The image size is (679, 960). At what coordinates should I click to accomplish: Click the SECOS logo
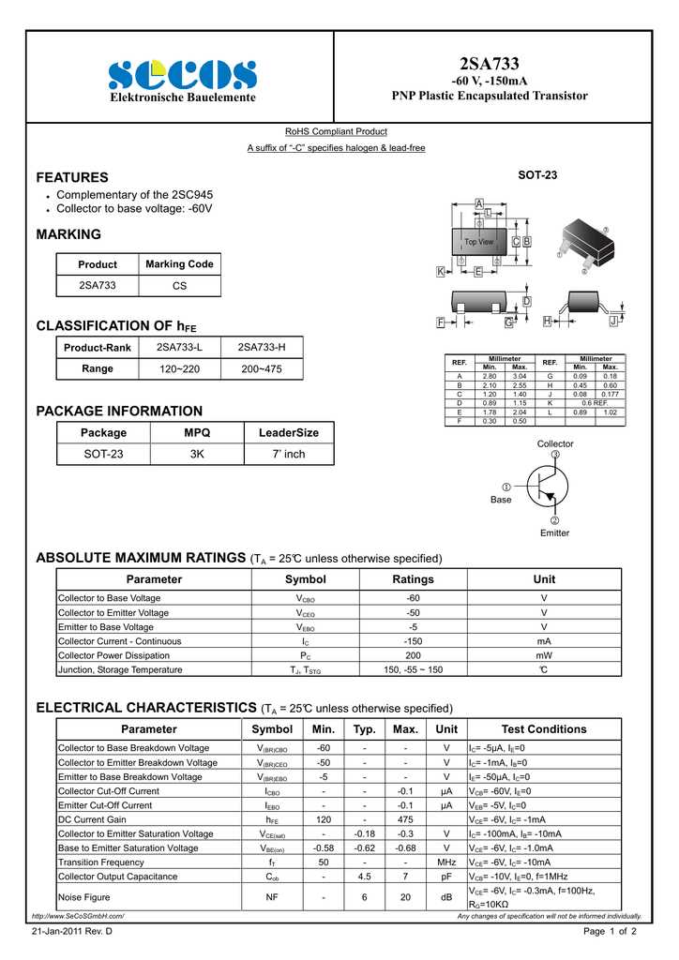pos(182,74)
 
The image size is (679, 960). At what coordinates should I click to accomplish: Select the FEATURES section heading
pos(72,177)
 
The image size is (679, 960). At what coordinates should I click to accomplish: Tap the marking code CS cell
pos(179,285)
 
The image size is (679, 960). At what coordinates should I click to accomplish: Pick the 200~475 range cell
pos(262,369)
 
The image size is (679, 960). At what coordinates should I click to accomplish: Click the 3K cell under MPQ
pos(197,454)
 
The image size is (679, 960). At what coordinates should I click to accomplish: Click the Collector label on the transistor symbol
pos(555,443)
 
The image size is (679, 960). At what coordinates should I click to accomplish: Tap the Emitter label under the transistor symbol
pos(554,532)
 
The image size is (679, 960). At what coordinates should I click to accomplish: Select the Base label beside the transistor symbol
pos(502,500)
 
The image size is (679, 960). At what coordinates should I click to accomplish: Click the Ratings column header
pos(413,579)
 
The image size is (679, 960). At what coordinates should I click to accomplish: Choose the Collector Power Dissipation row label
pos(114,655)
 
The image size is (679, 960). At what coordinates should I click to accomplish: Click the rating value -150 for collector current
pos(413,641)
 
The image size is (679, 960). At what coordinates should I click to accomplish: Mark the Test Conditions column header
pos(544,729)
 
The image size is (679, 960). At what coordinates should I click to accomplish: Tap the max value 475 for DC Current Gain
pos(405,819)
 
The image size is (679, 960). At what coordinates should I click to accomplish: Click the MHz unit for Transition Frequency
pos(446,862)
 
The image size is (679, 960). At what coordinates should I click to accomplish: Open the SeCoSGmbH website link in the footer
pos(78,916)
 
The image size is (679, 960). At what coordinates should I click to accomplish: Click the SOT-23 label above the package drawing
pos(537,175)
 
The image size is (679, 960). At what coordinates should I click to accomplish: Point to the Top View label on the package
pos(478,242)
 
